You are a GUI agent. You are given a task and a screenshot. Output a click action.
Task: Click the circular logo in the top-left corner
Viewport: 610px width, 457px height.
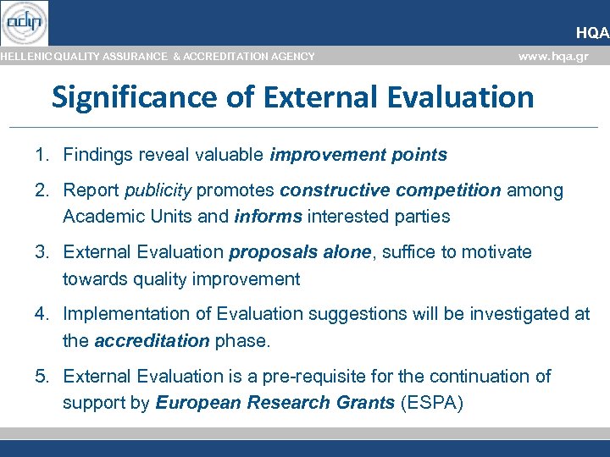25,23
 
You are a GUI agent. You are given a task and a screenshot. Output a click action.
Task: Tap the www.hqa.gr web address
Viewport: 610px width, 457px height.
552,56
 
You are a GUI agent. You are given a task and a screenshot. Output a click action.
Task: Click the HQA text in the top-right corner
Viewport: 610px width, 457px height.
592,33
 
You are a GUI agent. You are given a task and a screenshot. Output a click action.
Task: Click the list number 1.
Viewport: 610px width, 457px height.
41,155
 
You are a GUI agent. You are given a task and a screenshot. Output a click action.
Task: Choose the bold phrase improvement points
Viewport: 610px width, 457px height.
358,155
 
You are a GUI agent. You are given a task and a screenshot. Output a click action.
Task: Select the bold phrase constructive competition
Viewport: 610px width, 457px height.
391,190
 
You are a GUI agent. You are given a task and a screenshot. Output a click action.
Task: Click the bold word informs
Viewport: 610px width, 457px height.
268,217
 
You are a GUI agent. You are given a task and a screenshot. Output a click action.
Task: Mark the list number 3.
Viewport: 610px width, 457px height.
41,252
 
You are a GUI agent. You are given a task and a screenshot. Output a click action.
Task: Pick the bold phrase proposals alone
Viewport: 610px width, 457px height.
301,252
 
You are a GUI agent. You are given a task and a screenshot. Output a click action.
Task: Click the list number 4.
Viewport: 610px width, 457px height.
41,314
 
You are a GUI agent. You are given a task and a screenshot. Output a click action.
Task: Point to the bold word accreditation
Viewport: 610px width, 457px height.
152,341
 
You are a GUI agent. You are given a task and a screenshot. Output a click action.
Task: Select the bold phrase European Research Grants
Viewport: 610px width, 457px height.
274,403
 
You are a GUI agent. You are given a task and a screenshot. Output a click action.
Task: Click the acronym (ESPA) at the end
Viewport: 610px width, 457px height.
431,403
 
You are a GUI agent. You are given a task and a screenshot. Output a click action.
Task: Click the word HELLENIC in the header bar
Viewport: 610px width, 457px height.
25,57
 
